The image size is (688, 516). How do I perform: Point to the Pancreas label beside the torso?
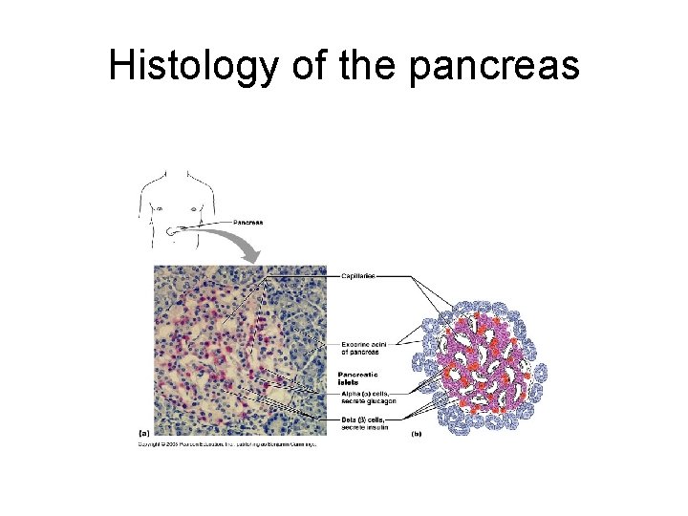248,222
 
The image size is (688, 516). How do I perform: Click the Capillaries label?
359,275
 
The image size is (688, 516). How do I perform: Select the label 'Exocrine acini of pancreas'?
361,348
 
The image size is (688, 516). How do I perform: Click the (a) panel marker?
142,432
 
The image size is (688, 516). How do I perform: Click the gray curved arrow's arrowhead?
251,256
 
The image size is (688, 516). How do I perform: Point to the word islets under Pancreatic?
351,381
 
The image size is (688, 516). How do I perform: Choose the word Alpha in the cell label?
350,392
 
